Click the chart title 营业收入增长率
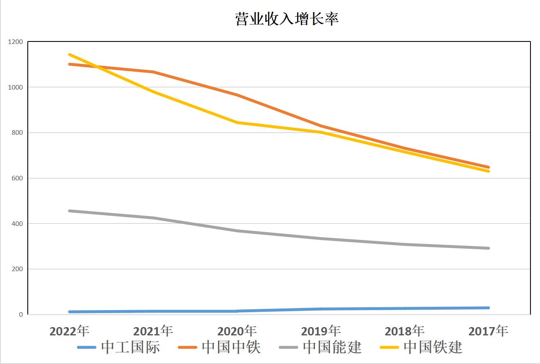(287, 19)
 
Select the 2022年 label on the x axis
(69, 331)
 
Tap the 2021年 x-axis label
(153, 331)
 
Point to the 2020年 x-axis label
(237, 331)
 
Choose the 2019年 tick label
(321, 331)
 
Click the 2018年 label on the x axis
(404, 331)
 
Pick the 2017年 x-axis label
(488, 331)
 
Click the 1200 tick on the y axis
(16, 42)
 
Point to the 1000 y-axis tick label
(16, 87)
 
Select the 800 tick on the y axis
(17, 133)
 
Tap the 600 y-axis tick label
(17, 178)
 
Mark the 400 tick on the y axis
(17, 224)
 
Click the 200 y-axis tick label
(17, 269)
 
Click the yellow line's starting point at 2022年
(69, 54)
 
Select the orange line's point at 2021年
(153, 72)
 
